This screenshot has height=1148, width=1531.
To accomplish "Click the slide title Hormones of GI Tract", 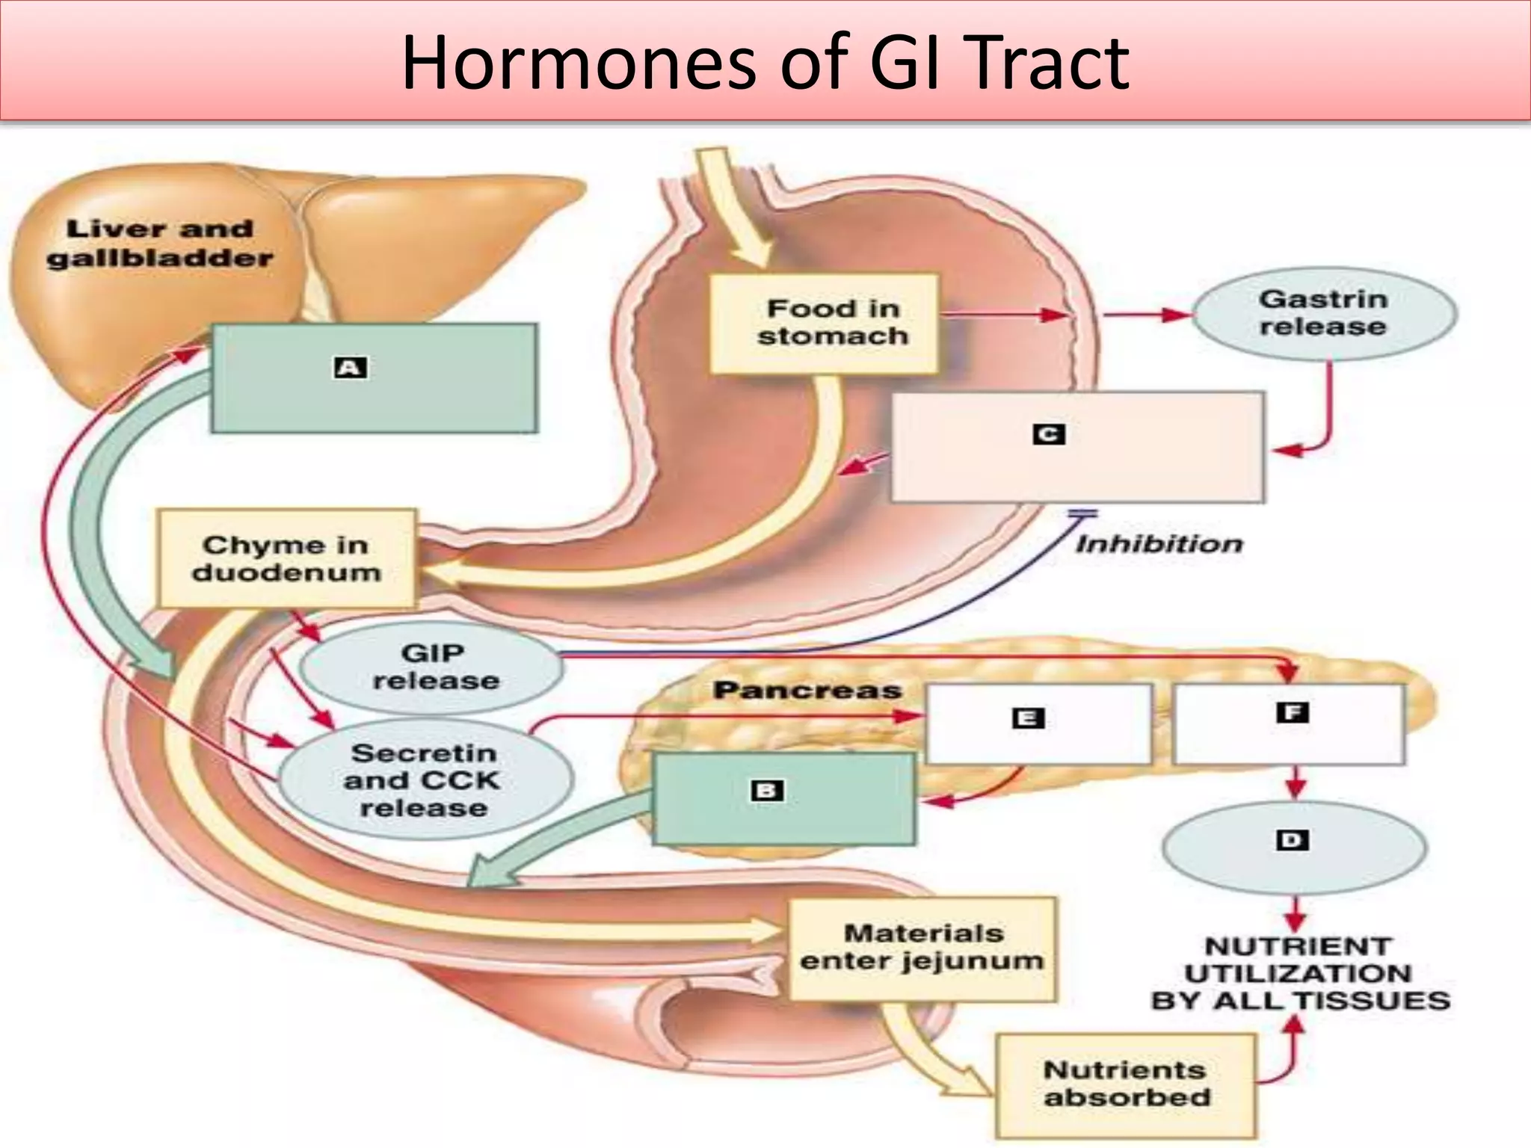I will point(765,63).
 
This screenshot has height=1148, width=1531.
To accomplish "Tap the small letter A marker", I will point(350,368).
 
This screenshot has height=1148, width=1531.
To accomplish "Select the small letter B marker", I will point(767,791).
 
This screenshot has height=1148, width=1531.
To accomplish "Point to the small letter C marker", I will point(1048,434).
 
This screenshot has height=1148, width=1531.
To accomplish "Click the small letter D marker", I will point(1293,840).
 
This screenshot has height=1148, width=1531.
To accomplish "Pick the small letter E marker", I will point(1028,718).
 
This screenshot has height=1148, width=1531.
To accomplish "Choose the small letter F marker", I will point(1293,712).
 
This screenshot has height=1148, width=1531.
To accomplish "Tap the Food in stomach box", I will point(825,323).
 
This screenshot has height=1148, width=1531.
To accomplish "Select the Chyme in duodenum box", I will point(286,558).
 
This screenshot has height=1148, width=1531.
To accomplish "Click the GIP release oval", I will point(432,667).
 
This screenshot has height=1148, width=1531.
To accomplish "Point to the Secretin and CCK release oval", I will point(424,780).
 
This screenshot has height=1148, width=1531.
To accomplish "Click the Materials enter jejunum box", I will point(923,948).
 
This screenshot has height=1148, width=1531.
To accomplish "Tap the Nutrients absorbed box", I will point(1126,1084).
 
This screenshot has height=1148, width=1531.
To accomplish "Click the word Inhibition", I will point(1159,544).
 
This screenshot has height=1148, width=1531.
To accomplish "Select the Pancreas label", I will point(807,690).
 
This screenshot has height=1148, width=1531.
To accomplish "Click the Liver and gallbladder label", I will point(159,244).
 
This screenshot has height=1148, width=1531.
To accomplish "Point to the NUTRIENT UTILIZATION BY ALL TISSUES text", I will point(1299,973).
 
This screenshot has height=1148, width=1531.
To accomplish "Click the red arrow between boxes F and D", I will point(1295,782).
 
